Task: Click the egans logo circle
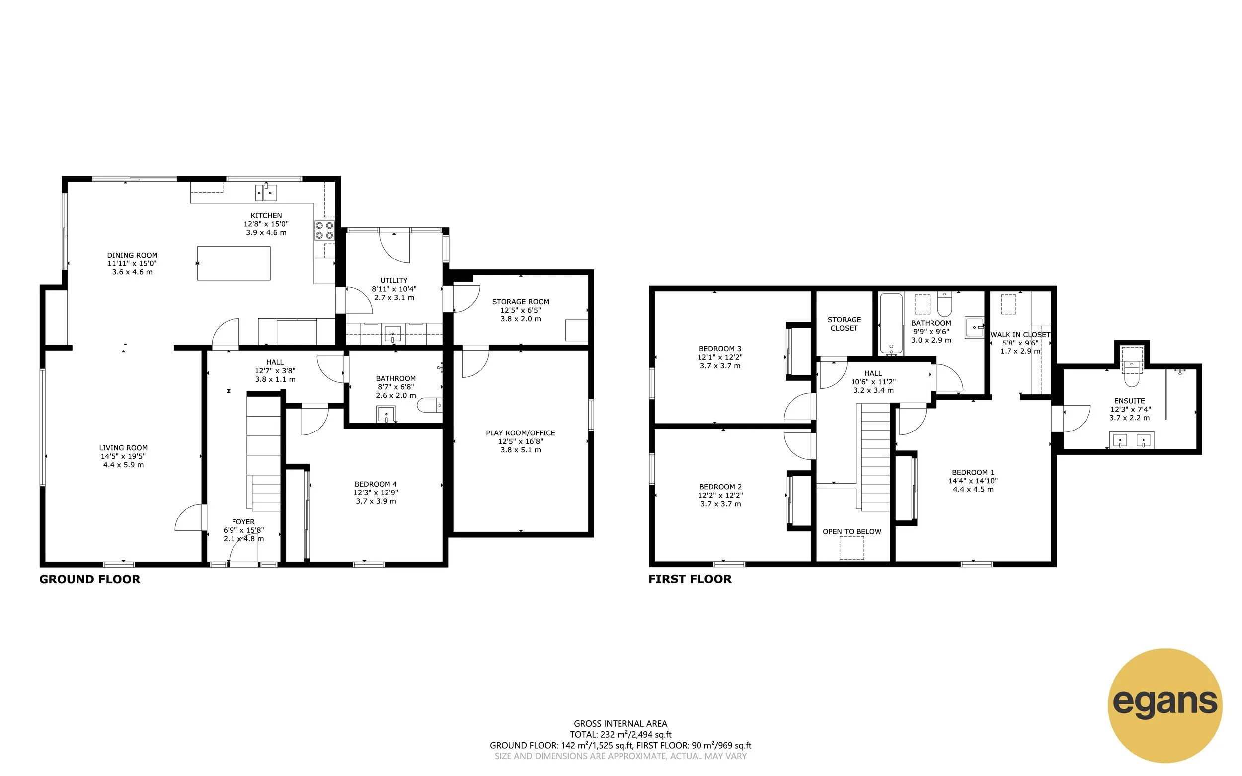coord(1164,705)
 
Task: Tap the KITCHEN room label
coord(266,216)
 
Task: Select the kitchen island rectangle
coord(234,263)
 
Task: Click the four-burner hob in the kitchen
coord(324,230)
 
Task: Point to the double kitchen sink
coord(266,193)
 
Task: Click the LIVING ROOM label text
coord(123,448)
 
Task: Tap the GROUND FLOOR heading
coord(90,580)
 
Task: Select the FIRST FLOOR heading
coord(690,580)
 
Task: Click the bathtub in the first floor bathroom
coord(891,323)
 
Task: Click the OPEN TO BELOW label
coord(852,532)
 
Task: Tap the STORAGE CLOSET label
coord(844,324)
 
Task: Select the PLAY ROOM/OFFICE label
coord(521,433)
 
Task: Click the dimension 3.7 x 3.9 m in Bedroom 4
coord(376,502)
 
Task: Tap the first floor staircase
coord(875,457)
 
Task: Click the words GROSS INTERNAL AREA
coord(621,724)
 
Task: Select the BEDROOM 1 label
coord(973,473)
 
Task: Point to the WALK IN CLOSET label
coord(1020,335)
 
